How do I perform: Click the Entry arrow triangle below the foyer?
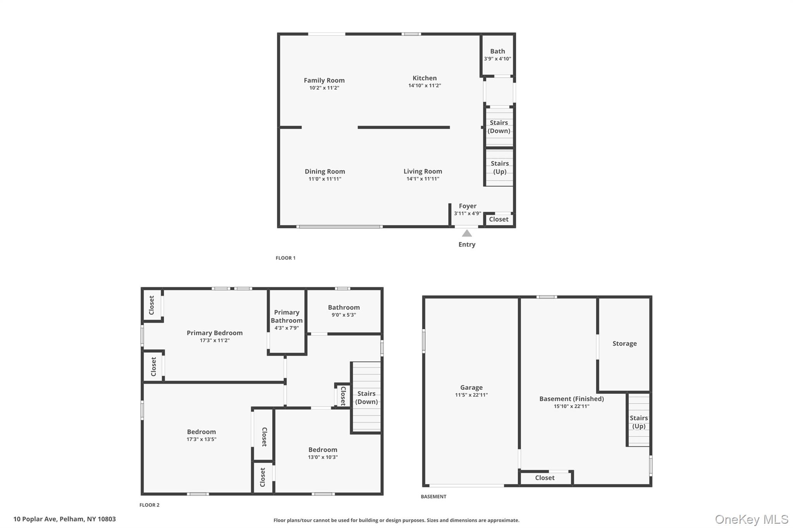[467, 233]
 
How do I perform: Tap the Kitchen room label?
[424, 78]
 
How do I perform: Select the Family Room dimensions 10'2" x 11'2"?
[324, 88]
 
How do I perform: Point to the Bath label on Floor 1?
[498, 51]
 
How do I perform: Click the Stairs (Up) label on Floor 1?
[499, 167]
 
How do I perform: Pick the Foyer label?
[468, 206]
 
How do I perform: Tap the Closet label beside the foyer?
[498, 219]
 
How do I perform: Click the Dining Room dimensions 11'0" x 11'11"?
[325, 179]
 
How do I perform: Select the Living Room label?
[423, 171]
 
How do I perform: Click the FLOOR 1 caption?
[285, 258]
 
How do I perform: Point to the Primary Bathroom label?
[287, 316]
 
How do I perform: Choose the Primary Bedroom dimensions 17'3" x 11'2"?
[215, 340]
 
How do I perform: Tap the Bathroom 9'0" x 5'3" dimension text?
[344, 315]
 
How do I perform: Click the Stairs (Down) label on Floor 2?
[366, 398]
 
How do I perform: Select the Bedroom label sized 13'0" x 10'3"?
[323, 449]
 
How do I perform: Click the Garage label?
[471, 387]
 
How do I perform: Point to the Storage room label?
[624, 343]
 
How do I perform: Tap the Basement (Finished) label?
[572, 398]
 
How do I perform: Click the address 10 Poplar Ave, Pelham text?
[65, 519]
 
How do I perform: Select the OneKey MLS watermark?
[751, 519]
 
